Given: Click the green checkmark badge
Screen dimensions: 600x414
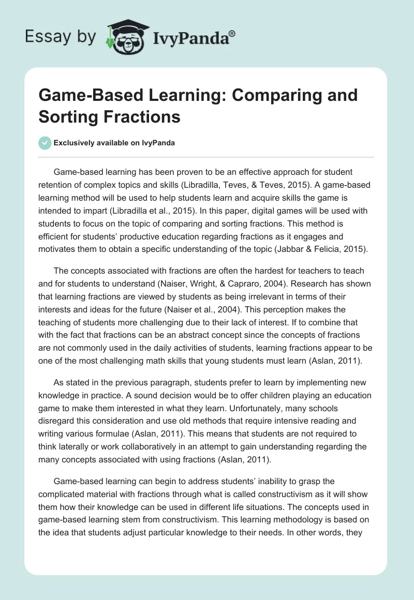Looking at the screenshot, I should point(45,143).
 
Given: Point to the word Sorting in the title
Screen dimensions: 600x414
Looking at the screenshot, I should point(67,116).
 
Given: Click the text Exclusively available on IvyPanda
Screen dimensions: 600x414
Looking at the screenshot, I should point(115,143).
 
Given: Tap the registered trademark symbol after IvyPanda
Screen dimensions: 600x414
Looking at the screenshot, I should point(232,33).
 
